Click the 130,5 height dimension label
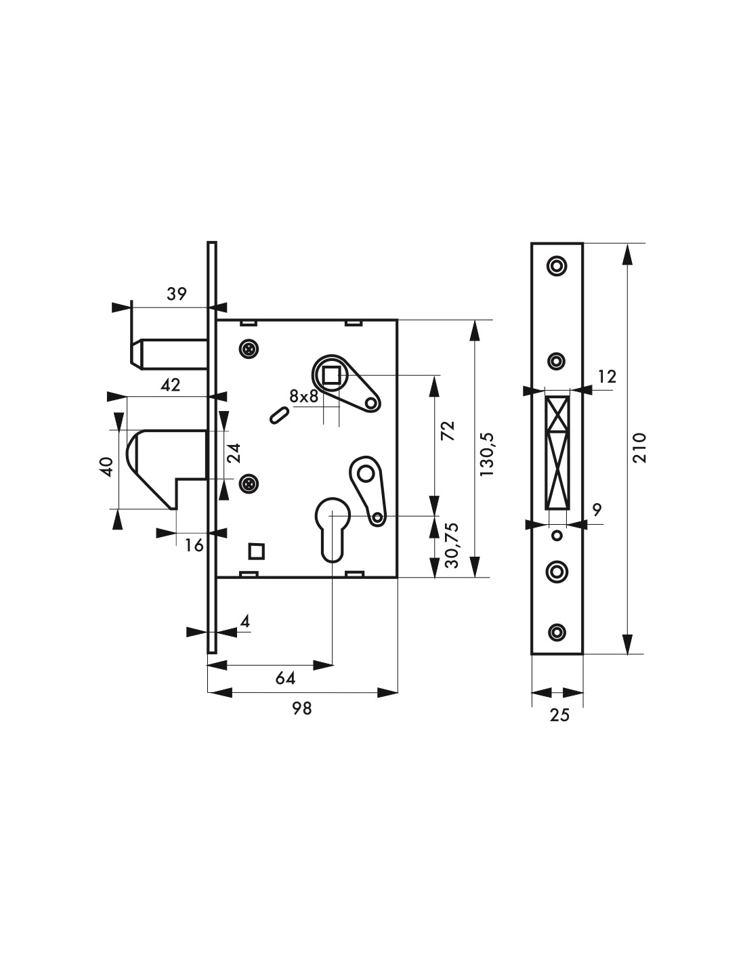(x=487, y=454)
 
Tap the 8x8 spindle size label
(x=304, y=395)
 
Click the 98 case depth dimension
(x=302, y=708)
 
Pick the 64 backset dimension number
(x=285, y=678)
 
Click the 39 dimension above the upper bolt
(x=177, y=294)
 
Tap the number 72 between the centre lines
(x=449, y=431)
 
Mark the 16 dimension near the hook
(x=194, y=546)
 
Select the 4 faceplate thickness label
(x=245, y=621)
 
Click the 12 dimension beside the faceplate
(x=607, y=377)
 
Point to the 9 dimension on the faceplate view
(x=597, y=510)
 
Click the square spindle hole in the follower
(x=331, y=377)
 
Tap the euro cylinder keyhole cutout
(x=333, y=530)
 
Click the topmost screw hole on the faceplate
(x=557, y=266)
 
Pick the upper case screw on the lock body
(x=249, y=349)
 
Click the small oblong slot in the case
(x=279, y=415)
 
